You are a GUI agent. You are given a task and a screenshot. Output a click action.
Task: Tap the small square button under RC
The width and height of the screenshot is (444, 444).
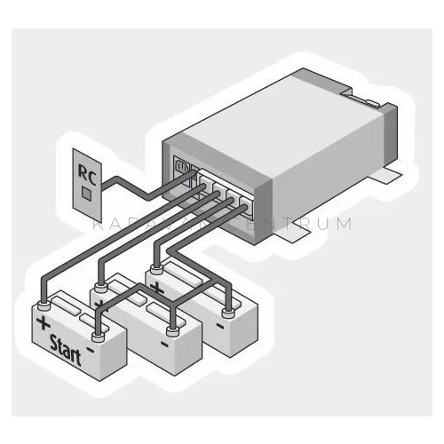tap(86, 191)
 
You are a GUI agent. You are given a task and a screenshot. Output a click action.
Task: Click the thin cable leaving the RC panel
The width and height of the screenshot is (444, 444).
tap(124, 185)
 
